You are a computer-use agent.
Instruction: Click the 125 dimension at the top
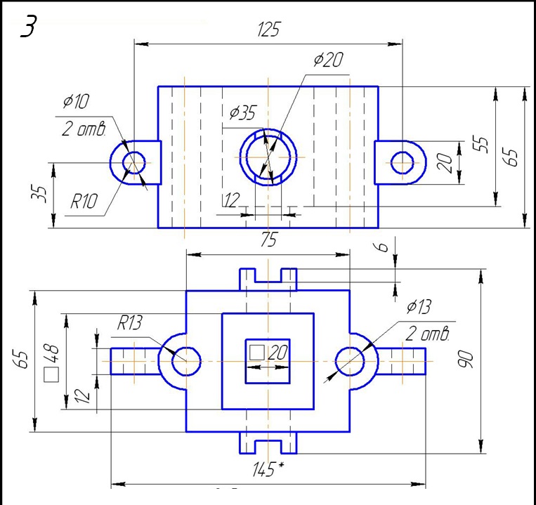click(268, 29)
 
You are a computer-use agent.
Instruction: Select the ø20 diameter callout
click(328, 60)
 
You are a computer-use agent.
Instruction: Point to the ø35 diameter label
click(242, 112)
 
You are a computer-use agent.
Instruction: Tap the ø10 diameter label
click(76, 102)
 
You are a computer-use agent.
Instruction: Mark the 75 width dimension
click(268, 240)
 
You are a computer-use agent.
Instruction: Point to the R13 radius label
click(130, 323)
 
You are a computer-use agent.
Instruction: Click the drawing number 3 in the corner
click(30, 26)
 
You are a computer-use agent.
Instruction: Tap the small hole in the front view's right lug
click(403, 162)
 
